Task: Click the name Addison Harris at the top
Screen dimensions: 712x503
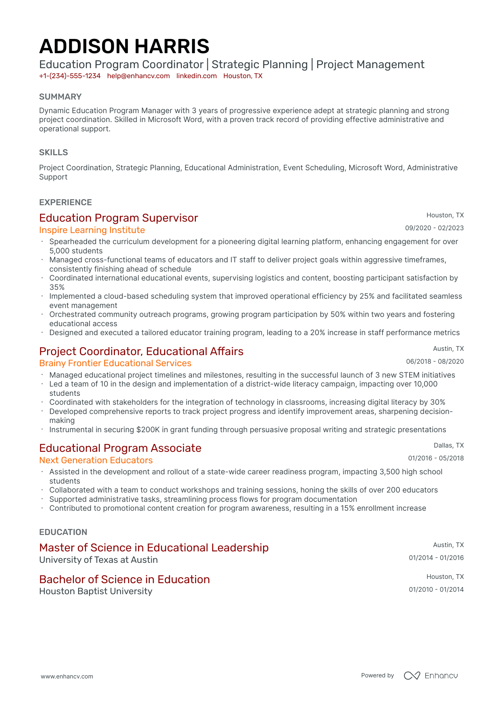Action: coord(124,46)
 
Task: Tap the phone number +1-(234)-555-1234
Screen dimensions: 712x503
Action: coord(70,76)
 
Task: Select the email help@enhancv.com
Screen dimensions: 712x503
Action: coord(138,76)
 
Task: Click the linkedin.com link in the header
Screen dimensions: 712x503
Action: coord(197,76)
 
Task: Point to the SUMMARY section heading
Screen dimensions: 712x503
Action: coord(60,97)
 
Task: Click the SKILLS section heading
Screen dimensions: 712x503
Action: coord(54,152)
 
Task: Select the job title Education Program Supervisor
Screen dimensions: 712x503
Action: coord(118,218)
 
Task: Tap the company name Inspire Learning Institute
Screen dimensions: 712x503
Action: coord(92,230)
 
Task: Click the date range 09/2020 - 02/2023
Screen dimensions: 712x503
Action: coord(434,228)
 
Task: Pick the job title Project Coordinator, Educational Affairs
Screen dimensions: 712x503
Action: coord(141,351)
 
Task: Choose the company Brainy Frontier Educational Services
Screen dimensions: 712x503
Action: coord(115,363)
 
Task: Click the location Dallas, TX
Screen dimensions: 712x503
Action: coord(448,445)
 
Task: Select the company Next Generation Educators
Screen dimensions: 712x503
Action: coord(96,460)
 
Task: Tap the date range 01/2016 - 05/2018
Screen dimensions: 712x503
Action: coord(436,458)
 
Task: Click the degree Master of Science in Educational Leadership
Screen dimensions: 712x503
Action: coord(154,547)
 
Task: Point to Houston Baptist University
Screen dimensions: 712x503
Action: coord(96,591)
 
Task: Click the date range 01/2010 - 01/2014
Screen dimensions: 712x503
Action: coord(436,590)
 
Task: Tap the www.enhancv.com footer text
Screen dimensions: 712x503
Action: coord(67,676)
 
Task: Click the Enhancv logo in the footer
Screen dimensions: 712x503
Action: coord(431,676)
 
